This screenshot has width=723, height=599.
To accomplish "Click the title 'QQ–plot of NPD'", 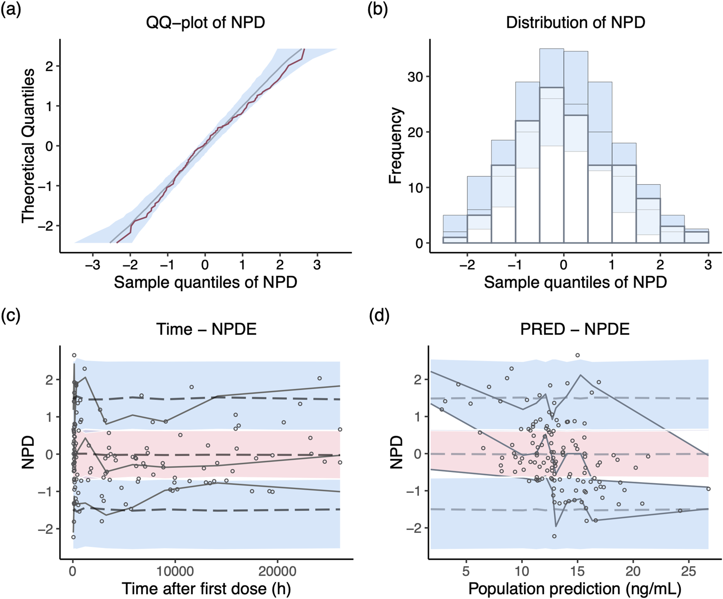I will click(206, 22).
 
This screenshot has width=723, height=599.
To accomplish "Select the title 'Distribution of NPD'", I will click(575, 22).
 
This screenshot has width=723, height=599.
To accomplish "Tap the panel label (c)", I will click(11, 316).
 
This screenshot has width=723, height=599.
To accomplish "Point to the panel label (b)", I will click(378, 9).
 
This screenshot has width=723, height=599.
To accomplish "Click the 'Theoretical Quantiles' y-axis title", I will click(28, 146).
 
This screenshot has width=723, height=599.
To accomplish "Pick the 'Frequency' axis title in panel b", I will click(396, 146).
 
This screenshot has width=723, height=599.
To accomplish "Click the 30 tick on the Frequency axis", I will click(415, 77).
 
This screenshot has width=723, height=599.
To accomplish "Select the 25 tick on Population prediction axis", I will click(689, 570).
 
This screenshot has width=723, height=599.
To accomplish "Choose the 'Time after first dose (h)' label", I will click(206, 589).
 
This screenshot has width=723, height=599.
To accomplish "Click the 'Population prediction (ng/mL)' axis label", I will click(575, 589).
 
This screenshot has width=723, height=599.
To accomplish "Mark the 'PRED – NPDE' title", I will click(575, 329).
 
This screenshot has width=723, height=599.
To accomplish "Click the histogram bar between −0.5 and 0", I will click(552, 163).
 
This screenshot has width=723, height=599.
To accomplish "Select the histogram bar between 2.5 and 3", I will click(696, 237).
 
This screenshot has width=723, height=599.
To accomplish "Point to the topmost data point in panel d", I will click(577, 355).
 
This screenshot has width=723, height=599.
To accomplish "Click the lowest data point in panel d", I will click(554, 536).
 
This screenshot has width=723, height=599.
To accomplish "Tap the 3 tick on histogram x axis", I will click(708, 265).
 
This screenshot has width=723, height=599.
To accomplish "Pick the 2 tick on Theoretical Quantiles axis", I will click(49, 66).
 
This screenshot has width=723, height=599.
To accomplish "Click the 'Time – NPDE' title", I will click(206, 329).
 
